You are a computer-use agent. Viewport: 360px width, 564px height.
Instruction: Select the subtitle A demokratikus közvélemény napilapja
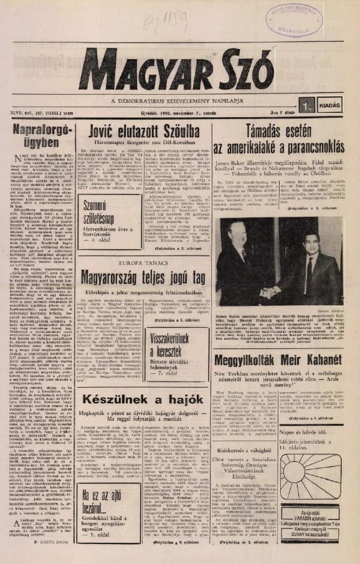[x=181, y=100]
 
